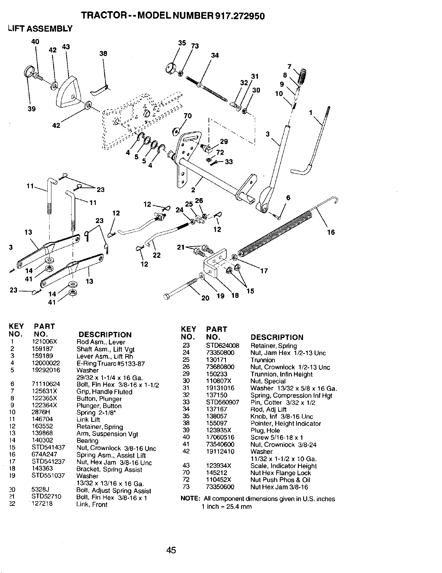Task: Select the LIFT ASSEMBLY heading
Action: pyautogui.click(x=40, y=29)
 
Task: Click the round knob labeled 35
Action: pyautogui.click(x=172, y=69)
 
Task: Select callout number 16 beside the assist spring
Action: pyautogui.click(x=331, y=232)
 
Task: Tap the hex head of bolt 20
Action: pyautogui.click(x=167, y=297)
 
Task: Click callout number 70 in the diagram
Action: pyautogui.click(x=188, y=116)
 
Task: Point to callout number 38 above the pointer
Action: pyautogui.click(x=103, y=54)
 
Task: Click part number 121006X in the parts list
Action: pyautogui.click(x=45, y=342)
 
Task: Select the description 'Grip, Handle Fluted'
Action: pyautogui.click(x=104, y=392)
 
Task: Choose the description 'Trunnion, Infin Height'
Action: pyautogui.click(x=281, y=374)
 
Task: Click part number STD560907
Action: pyautogui.click(x=223, y=402)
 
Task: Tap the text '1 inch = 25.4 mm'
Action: pyautogui.click(x=227, y=506)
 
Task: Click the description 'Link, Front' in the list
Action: pyautogui.click(x=92, y=504)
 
